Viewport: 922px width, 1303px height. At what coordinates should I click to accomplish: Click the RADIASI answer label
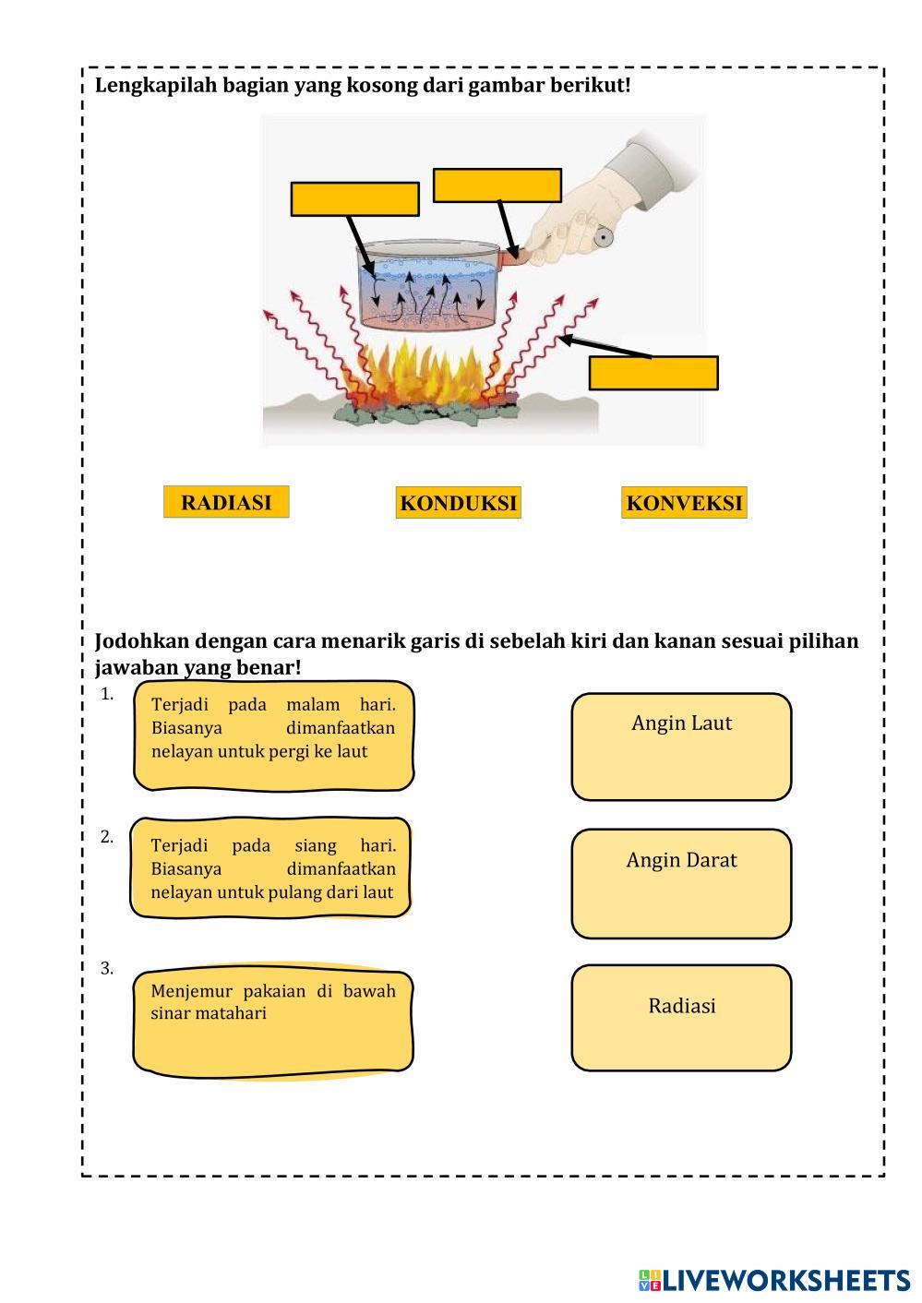click(226, 502)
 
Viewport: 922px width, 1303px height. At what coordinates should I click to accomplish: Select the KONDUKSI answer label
click(459, 503)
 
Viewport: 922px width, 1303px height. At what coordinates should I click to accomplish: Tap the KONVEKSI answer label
click(684, 503)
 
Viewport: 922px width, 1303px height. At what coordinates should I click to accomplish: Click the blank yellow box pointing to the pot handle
click(497, 185)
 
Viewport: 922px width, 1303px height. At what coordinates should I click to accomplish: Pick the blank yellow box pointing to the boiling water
click(354, 199)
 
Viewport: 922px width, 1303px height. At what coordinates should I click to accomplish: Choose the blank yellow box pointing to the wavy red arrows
click(653, 373)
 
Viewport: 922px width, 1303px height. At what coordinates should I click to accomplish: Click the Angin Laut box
click(681, 747)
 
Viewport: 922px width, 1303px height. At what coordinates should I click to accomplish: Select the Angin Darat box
click(681, 884)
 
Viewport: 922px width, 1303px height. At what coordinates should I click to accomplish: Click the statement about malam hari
click(273, 735)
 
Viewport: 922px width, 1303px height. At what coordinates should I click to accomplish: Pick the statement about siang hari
click(271, 867)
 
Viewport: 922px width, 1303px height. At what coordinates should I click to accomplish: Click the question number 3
click(107, 968)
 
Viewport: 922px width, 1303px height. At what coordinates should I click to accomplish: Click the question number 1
click(107, 694)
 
